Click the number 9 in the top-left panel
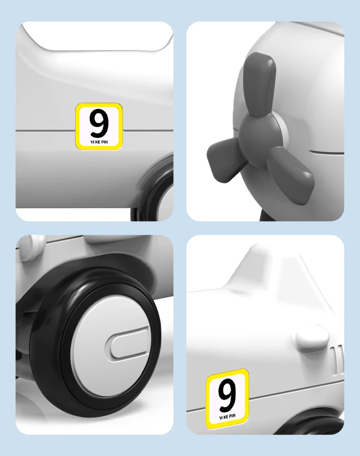pyautogui.click(x=99, y=123)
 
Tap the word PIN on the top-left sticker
pyautogui.click(x=104, y=142)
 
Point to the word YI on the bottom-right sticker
pyautogui.click(x=221, y=418)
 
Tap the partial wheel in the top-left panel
pyautogui.click(x=154, y=189)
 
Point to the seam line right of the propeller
pyautogui.click(x=327, y=152)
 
